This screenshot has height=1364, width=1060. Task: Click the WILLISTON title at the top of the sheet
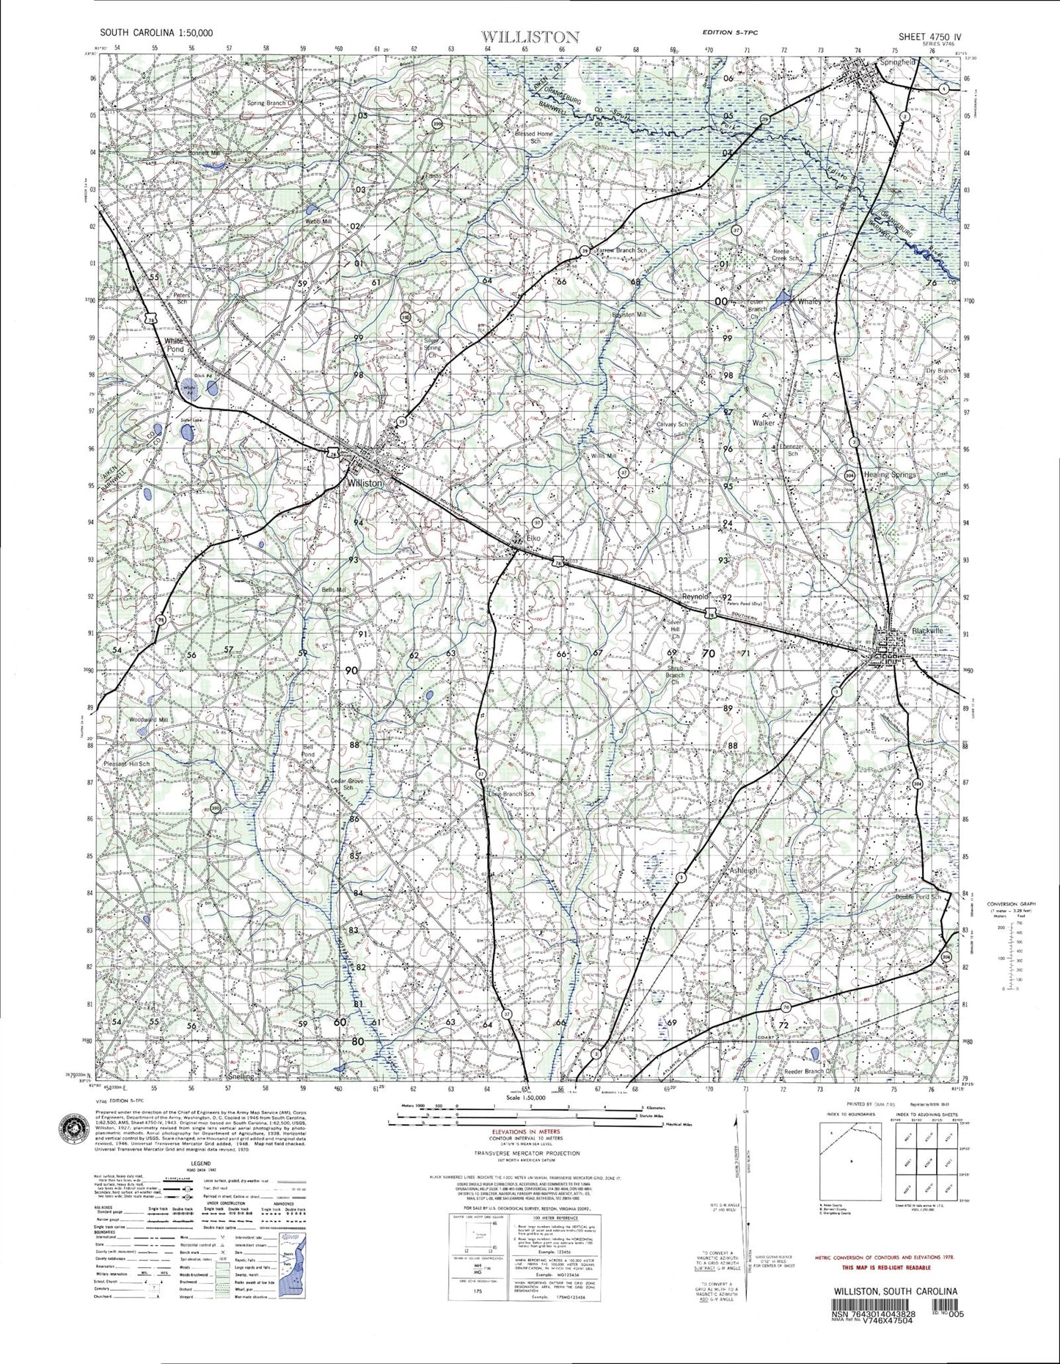(530, 36)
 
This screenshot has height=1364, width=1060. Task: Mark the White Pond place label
(174, 346)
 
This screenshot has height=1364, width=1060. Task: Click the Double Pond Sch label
(907, 897)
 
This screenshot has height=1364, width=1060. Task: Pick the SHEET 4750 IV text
(929, 35)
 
